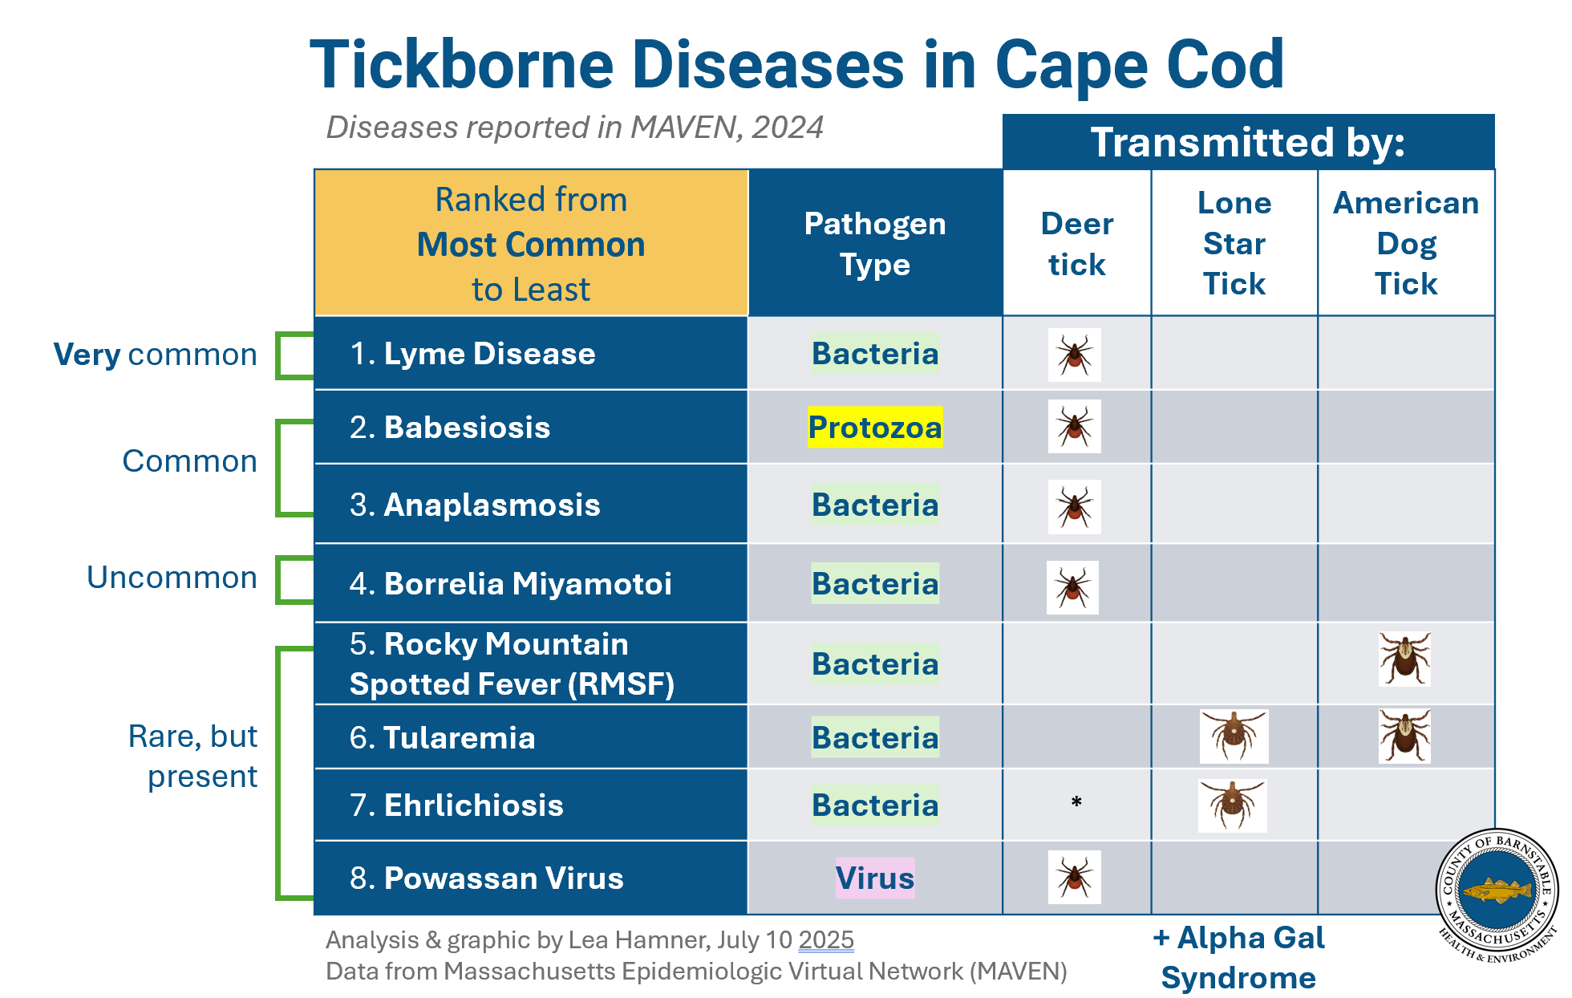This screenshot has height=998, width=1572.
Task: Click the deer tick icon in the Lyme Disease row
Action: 1074,355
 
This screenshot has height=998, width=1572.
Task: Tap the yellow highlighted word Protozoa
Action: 874,428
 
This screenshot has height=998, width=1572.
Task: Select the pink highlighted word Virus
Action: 874,878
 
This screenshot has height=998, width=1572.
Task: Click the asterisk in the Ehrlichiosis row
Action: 1076,802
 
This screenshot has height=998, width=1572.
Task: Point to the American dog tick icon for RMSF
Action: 1404,659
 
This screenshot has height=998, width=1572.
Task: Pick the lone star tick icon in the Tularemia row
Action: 1234,736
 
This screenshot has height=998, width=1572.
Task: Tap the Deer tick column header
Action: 1076,244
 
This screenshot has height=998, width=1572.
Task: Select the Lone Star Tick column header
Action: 1234,243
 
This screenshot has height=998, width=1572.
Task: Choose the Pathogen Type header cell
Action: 874,244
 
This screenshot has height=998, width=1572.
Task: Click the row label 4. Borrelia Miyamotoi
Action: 510,584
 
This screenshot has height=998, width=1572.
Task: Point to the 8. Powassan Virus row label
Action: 486,878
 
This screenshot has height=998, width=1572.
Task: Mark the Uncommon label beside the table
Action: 172,578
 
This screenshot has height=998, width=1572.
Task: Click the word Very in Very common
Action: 87,355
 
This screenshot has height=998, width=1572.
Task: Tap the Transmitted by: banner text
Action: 1247,143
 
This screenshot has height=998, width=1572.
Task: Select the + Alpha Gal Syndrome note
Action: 1238,957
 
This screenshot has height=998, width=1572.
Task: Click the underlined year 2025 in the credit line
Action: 826,939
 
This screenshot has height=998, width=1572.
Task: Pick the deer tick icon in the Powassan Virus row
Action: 1074,877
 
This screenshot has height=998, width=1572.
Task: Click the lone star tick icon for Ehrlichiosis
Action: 1232,805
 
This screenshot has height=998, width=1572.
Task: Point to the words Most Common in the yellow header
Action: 530,245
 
